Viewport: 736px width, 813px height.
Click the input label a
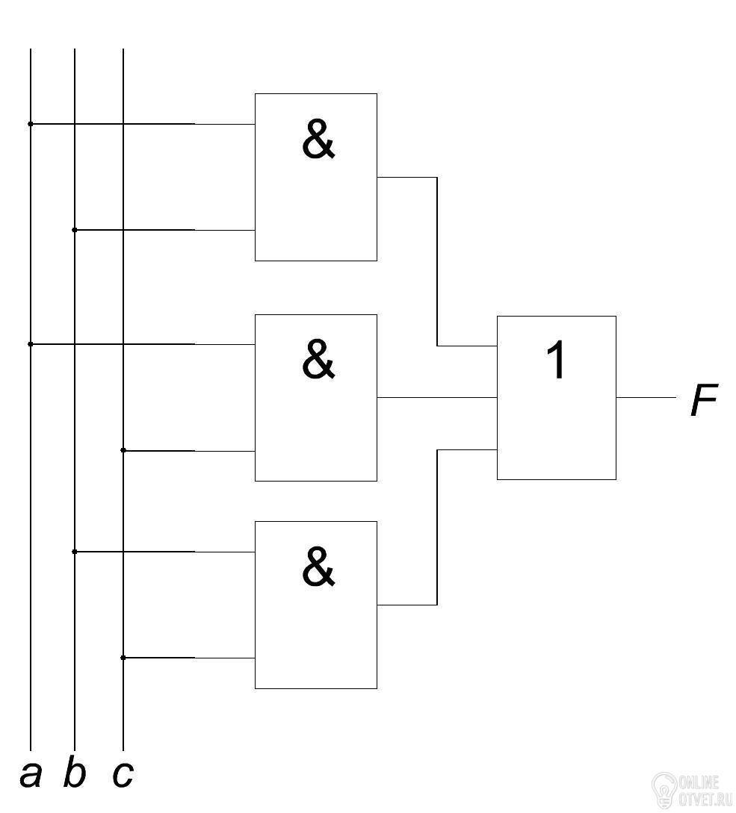click(31, 776)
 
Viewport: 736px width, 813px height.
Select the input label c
click(123, 776)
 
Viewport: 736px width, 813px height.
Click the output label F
click(704, 399)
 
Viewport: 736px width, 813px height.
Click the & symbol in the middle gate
click(318, 359)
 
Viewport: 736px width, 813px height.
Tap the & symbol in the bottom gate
click(318, 567)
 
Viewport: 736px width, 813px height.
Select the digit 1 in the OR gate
click(556, 360)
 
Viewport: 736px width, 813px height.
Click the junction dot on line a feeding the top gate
click(30, 124)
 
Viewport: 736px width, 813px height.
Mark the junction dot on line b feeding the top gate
click(74, 230)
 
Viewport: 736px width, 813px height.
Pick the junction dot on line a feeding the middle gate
click(30, 343)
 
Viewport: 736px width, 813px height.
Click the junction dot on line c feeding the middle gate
click(123, 450)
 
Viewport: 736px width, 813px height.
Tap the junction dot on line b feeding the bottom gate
click(74, 552)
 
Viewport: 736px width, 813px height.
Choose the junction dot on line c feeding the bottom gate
click(123, 658)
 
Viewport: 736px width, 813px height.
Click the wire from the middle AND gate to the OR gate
click(437, 398)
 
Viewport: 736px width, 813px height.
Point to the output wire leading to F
click(646, 398)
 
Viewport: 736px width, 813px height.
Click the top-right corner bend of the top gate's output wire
click(437, 178)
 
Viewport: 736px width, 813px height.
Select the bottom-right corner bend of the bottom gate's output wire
click(437, 605)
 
